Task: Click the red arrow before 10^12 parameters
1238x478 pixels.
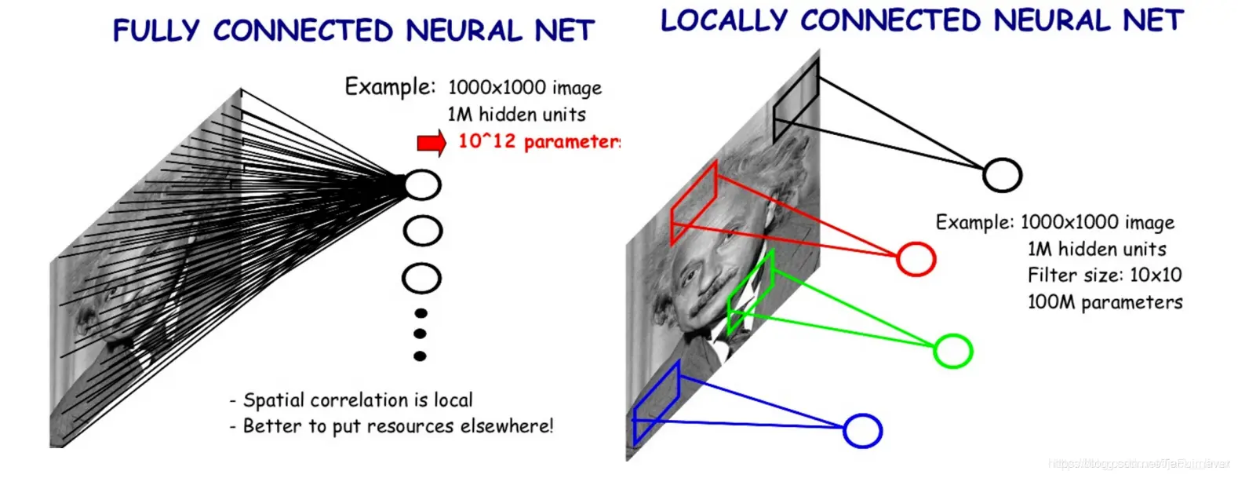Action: [431, 143]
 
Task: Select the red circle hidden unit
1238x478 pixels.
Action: [916, 258]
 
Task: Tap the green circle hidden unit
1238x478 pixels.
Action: [952, 350]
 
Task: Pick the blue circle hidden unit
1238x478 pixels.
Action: [862, 430]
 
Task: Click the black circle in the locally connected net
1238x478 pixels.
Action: [1002, 175]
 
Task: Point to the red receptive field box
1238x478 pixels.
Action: [694, 203]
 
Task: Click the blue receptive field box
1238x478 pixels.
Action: [656, 401]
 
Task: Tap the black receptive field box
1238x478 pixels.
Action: [796, 101]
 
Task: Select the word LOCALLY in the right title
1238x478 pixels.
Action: [723, 20]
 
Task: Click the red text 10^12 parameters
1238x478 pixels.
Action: [539, 141]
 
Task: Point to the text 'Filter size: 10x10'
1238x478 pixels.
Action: [1104, 275]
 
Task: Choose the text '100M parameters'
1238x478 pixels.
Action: [1104, 301]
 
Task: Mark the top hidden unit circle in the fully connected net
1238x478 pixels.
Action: [422, 184]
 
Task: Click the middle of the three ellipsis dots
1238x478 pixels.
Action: [420, 334]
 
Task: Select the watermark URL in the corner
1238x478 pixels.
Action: [1138, 464]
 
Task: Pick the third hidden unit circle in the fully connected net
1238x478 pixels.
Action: [421, 278]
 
